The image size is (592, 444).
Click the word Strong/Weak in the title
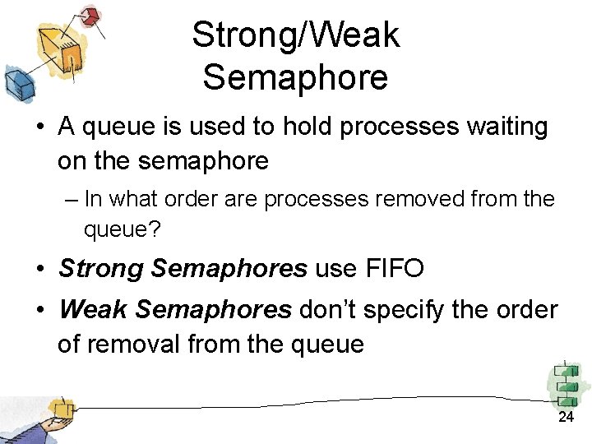[295, 35]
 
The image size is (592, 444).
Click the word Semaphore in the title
[295, 78]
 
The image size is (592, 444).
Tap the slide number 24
[566, 418]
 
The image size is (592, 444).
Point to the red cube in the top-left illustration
[91, 15]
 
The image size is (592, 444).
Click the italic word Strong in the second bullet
[102, 268]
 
